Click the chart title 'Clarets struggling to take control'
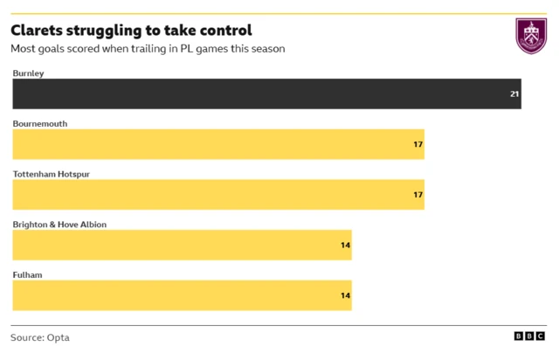pos(131,30)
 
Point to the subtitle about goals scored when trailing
pos(148,49)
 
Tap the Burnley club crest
pos(531,36)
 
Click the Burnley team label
pos(28,73)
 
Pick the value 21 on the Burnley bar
pos(514,93)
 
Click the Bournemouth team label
pos(39,124)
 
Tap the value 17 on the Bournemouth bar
pos(418,144)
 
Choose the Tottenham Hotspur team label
pos(52,175)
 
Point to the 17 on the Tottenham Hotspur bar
pos(418,195)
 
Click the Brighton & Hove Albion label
pos(59,225)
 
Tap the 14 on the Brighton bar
pos(345,246)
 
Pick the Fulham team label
pos(27,275)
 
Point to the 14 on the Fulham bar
pos(345,296)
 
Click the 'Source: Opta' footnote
pos(40,337)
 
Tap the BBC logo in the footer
pos(529,337)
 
